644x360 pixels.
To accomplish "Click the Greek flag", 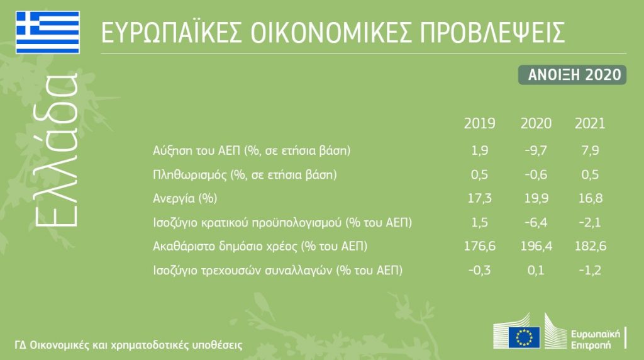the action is point(48,33).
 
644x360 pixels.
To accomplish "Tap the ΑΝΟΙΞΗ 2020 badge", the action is point(572,75).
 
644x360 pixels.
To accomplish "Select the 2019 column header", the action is point(479,123).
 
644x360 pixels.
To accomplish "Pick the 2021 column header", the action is point(590,123).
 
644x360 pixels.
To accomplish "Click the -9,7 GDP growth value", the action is point(536,150).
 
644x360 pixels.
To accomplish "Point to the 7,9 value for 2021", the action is point(590,150).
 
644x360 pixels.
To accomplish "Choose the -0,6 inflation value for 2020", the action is point(536,175).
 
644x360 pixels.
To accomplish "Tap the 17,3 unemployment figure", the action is point(479,198).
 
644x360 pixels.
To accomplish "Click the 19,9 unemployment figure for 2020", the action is point(536,198).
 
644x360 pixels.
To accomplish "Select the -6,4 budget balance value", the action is point(536,222).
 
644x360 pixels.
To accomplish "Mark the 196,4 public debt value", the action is point(536,246).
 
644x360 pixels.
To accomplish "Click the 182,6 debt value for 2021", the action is point(590,246).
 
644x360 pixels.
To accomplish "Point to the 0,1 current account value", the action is point(536,271).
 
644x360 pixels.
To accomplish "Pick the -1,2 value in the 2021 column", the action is point(590,271).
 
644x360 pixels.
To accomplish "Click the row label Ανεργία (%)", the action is point(185,199).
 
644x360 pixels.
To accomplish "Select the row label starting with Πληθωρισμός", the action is point(245,175).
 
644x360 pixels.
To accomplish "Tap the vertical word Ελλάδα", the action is point(56,150).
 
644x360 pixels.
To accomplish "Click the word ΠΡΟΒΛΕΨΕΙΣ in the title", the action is point(492,32).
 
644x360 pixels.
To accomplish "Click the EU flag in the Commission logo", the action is point(524,337).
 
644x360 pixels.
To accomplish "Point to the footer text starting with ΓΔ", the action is point(128,344).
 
